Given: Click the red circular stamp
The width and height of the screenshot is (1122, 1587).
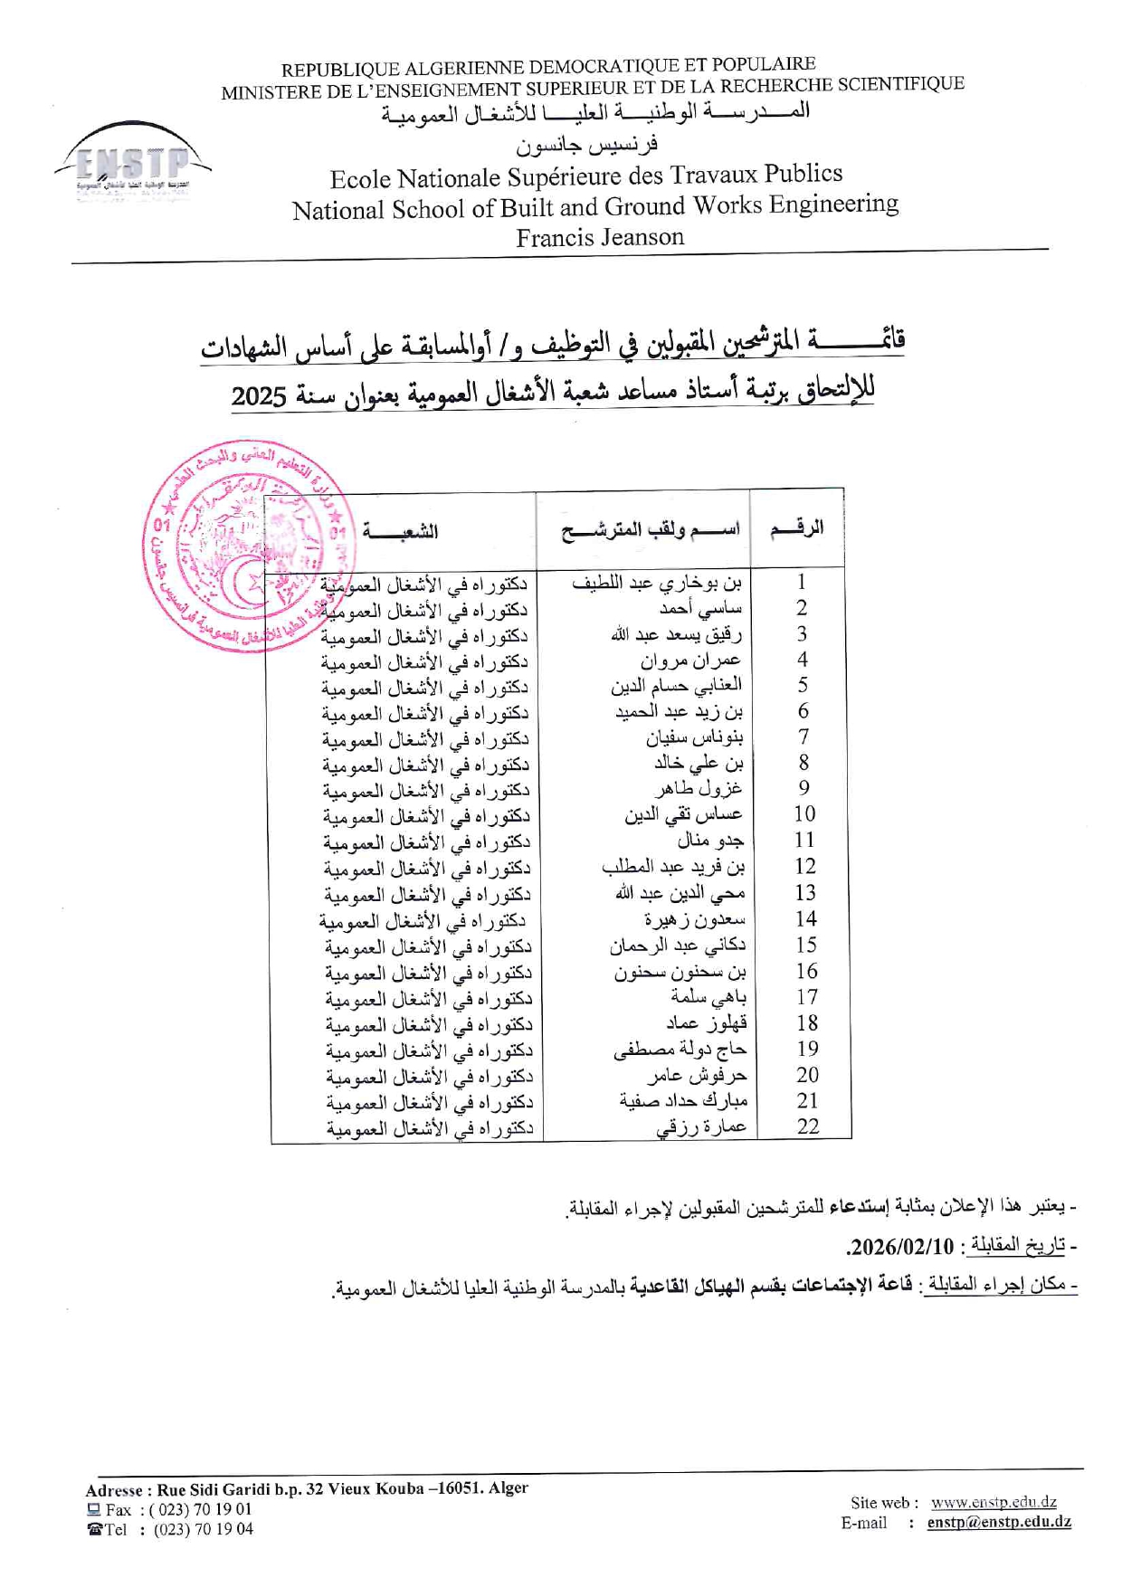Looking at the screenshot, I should tap(248, 548).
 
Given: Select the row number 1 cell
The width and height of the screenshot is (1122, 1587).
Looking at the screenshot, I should tap(801, 582).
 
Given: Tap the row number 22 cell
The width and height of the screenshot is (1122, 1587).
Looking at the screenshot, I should tap(807, 1126).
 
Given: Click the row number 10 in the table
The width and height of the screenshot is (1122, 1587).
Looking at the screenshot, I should tap(804, 814).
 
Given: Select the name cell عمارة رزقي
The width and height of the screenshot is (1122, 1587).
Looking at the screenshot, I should tap(701, 1127).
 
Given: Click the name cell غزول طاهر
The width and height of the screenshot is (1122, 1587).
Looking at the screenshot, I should tap(699, 789).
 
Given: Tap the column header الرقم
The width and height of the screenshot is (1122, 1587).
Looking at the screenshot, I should tap(796, 528).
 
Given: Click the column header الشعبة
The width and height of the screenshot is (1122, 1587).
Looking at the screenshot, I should tap(400, 531).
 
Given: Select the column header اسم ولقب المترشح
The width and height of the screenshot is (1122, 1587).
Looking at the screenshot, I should tap(650, 530).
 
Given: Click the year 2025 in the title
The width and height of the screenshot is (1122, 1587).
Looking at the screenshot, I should tap(259, 396).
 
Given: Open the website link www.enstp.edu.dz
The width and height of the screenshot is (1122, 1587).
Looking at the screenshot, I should tap(994, 1503).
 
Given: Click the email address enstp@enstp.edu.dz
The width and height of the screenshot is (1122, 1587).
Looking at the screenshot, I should tap(999, 1522).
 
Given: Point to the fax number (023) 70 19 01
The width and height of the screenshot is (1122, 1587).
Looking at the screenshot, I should tap(201, 1509).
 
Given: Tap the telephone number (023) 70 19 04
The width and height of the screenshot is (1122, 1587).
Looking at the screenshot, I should tap(203, 1529).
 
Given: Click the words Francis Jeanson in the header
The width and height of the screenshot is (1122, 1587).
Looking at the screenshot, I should tap(600, 237).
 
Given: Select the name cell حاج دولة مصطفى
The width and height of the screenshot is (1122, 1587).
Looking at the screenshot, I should tap(680, 1050).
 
